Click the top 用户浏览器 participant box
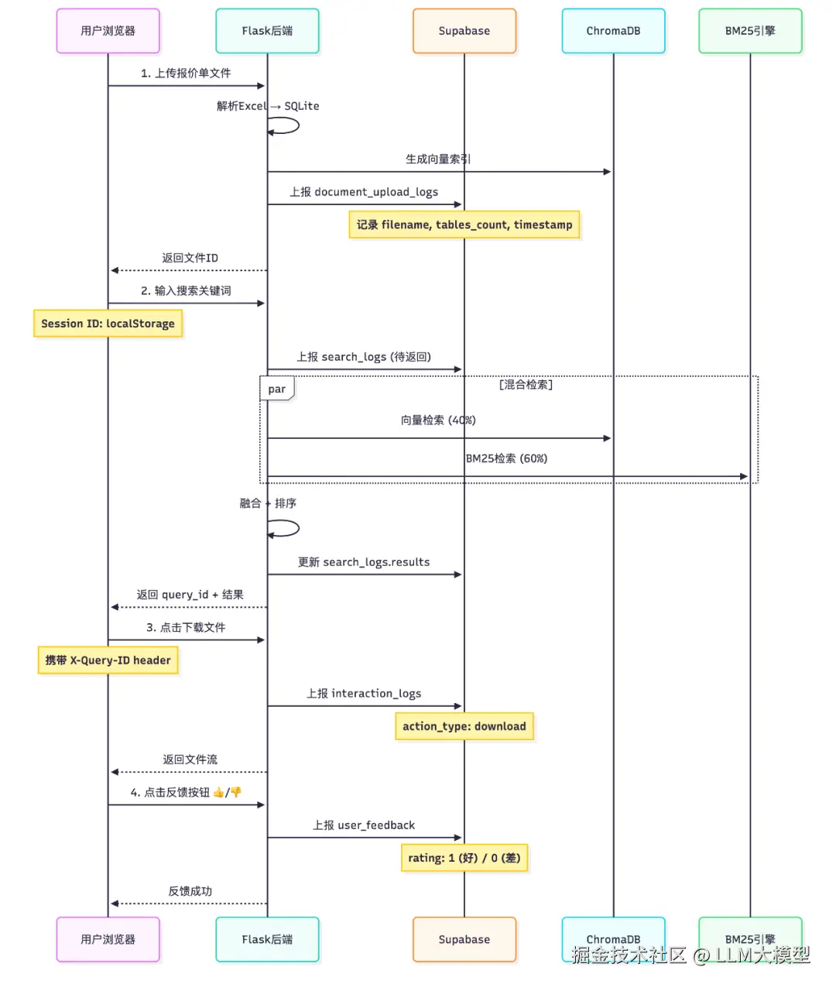108,31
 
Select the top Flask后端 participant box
267,31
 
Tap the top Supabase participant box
464,31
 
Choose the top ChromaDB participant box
613,31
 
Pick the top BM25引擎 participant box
749,31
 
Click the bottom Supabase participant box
464,939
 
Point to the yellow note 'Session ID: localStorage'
108,324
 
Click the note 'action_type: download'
464,726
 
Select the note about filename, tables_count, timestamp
464,225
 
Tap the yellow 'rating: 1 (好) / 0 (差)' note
464,858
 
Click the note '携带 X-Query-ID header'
108,660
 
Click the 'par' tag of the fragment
276,389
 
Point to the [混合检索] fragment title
526,385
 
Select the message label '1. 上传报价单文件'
186,74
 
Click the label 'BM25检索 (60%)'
506,458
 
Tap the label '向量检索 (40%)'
438,420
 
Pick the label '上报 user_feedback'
364,825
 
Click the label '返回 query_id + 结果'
190,595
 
